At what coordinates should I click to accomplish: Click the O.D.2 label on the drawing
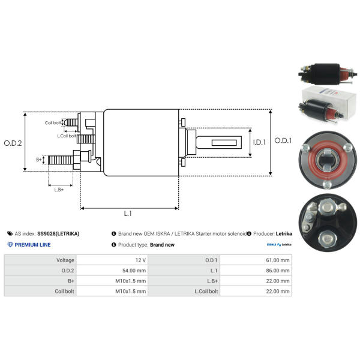13,143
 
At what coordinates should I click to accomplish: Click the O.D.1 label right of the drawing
283,140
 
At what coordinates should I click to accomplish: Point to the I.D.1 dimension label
258,142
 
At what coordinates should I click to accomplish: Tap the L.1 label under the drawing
128,214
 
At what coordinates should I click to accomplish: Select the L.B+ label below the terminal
59,190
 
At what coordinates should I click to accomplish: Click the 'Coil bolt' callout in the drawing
53,123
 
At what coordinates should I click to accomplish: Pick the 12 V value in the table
140,260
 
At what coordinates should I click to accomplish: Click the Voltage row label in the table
65,260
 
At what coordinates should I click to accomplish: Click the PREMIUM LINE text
32,245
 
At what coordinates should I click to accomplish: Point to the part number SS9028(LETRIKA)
58,233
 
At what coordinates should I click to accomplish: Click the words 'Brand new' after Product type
162,245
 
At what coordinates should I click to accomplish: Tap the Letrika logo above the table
279,245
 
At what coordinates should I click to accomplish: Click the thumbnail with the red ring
325,159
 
